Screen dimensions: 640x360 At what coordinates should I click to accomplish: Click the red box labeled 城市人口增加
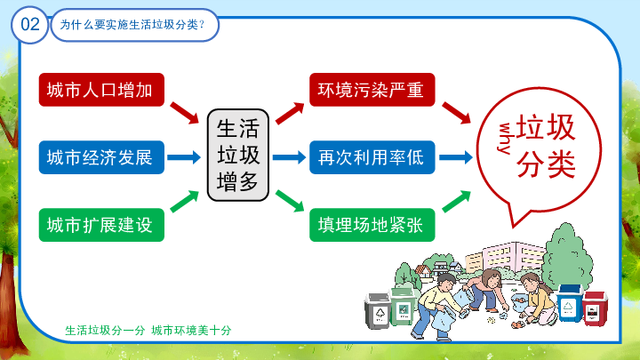click(x=101, y=90)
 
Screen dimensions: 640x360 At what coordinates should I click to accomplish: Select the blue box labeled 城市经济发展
click(x=101, y=157)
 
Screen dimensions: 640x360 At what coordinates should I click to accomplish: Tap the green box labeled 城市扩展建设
click(x=101, y=225)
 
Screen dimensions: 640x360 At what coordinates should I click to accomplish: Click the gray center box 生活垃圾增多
click(x=238, y=155)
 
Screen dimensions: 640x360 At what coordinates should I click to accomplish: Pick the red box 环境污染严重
click(x=372, y=90)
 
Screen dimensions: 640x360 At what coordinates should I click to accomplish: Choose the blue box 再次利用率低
click(x=372, y=157)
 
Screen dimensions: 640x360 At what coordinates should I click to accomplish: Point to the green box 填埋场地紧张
click(x=372, y=225)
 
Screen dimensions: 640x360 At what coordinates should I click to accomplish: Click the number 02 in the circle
click(x=30, y=25)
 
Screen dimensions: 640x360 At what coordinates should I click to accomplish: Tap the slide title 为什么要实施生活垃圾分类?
click(x=132, y=25)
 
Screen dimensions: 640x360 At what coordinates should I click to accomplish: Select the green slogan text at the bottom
click(x=148, y=330)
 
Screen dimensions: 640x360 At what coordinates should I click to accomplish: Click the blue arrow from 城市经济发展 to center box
click(x=184, y=157)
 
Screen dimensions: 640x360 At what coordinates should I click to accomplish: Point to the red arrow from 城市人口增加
click(x=185, y=113)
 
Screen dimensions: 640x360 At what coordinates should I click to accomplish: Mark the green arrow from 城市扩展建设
click(x=185, y=202)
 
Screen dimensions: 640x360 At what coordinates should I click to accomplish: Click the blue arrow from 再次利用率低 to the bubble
click(x=456, y=157)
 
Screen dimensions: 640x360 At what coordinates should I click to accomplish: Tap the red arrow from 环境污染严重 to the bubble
click(x=456, y=113)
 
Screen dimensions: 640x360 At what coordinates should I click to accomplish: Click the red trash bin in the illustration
click(x=595, y=309)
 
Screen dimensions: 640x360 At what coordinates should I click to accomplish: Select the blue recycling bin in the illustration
click(x=570, y=303)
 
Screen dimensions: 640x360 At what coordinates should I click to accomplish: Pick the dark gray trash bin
click(x=378, y=311)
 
